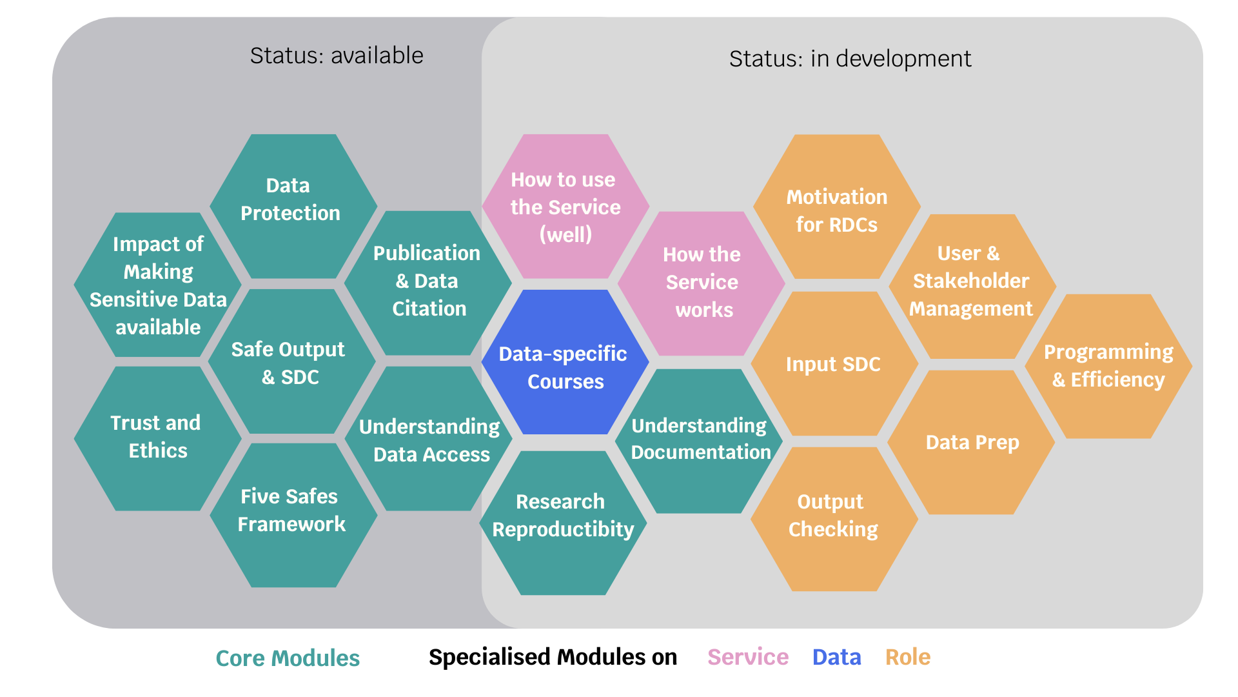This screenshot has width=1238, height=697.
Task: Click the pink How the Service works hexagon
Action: [702, 283]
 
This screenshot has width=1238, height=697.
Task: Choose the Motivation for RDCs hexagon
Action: [836, 207]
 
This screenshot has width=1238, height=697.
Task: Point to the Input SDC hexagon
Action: [834, 364]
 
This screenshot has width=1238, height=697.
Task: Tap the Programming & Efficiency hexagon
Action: [1108, 366]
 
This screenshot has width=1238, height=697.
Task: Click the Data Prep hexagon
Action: [971, 443]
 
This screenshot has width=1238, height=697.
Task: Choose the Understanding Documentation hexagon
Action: [700, 440]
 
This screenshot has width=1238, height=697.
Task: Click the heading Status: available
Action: [337, 56]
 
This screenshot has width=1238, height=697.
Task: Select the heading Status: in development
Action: [850, 59]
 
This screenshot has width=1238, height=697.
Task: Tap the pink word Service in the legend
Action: [747, 657]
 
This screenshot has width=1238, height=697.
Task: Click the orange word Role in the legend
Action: [907, 657]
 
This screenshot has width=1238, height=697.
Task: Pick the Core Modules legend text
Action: [288, 658]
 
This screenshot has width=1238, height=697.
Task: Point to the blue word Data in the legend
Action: [836, 657]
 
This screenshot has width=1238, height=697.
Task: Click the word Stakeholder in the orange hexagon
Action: [970, 281]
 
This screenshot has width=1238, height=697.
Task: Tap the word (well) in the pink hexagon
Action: [565, 234]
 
